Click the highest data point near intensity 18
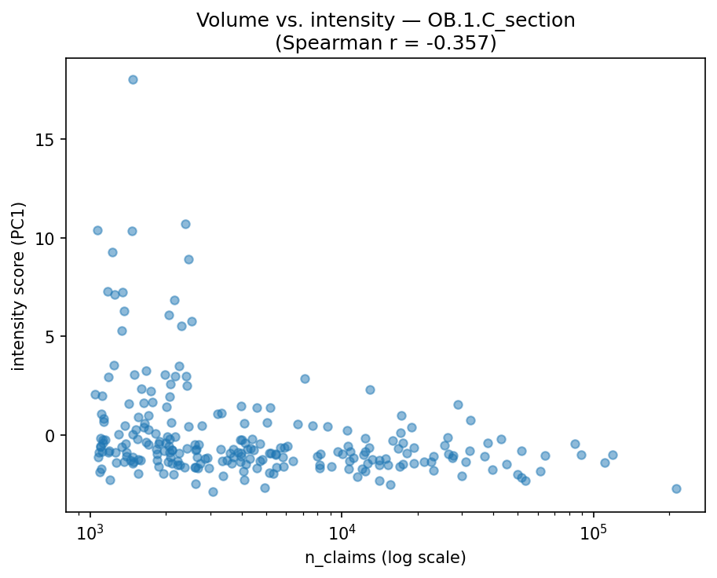[x=133, y=79]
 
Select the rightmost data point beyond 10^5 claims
[x=676, y=488]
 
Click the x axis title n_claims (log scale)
[x=386, y=558]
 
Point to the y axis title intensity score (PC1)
[x=18, y=286]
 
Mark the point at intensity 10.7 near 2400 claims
[x=185, y=224]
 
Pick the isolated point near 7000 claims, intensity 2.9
[x=305, y=379]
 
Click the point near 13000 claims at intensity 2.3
[x=370, y=390]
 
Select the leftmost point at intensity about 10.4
[x=97, y=230]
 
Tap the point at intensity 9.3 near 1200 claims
[x=112, y=252]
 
